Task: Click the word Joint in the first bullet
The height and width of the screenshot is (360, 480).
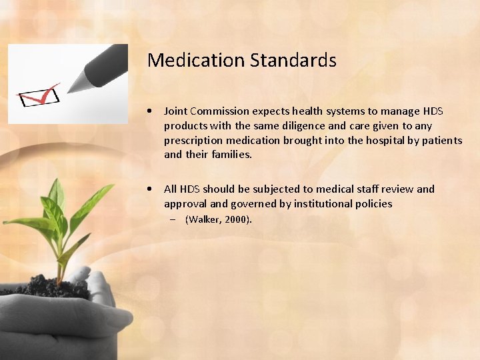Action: pos(176,111)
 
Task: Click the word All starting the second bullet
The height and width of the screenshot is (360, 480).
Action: pos(170,189)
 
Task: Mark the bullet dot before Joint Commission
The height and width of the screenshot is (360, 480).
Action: pos(153,111)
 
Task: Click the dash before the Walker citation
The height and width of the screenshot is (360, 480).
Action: pos(172,219)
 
